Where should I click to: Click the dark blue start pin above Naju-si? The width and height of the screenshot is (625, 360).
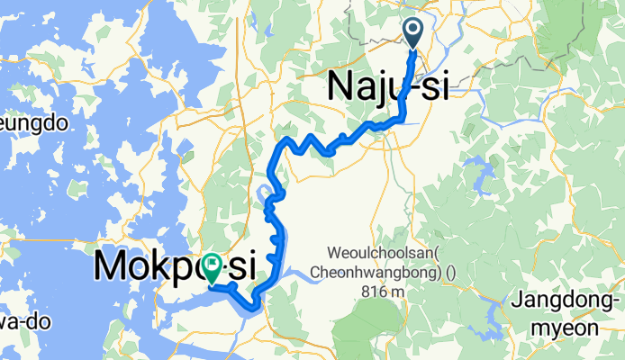click(413, 32)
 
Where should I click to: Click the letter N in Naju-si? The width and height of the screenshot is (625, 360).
click(342, 86)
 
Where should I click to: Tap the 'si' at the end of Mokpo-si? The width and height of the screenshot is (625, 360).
click(240, 266)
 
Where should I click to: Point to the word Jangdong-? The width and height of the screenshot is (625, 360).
click(568, 301)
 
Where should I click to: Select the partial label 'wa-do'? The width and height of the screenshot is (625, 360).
click(20, 320)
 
